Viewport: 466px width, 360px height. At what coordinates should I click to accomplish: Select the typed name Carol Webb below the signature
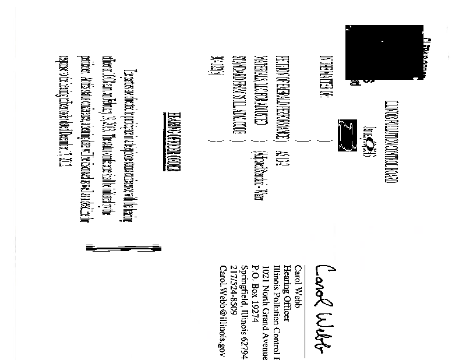(297, 280)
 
